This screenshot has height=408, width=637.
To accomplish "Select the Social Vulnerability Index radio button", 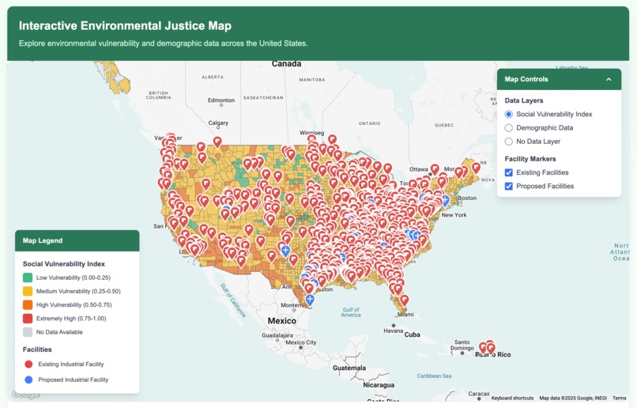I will click(x=509, y=115).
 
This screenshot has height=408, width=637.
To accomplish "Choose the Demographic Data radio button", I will click(x=509, y=128).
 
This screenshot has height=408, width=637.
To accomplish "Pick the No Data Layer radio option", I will click(x=509, y=142).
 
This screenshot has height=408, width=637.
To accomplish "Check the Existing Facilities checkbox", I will click(x=509, y=172).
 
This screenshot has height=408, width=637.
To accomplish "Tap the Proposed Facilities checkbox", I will click(x=509, y=186).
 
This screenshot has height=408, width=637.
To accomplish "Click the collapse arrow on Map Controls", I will click(x=609, y=79).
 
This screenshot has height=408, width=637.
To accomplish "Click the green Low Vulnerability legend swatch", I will click(x=28, y=278).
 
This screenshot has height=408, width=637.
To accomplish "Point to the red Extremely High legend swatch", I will click(x=28, y=319).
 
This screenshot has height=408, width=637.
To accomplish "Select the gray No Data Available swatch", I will click(x=28, y=332).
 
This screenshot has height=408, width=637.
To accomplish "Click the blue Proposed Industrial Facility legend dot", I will click(x=28, y=380).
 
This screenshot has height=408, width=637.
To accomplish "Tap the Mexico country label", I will click(x=281, y=320).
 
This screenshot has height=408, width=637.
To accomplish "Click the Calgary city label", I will click(x=218, y=123).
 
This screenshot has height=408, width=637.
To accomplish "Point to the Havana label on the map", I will click(x=393, y=331).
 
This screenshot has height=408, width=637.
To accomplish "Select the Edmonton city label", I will click(x=220, y=100).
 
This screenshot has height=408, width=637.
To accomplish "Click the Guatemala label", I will click(x=349, y=368).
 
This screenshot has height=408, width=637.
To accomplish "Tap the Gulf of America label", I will click(x=351, y=312).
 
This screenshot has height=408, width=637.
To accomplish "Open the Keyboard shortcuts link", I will click(x=512, y=398).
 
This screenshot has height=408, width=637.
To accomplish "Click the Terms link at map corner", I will click(x=619, y=398).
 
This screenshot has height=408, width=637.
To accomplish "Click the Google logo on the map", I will click(x=25, y=395).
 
